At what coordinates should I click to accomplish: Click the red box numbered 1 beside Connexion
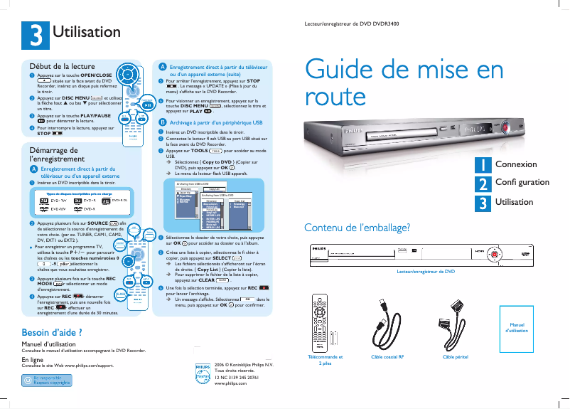pos(483,164)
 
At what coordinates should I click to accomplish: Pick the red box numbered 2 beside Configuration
pos(483,183)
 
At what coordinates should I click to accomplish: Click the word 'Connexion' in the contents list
pos(516,164)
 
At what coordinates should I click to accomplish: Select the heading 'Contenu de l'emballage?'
pos(357,228)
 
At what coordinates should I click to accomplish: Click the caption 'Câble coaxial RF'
pos(387,356)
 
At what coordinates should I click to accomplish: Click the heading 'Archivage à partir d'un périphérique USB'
pos(216,122)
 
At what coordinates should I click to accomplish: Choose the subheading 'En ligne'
pos(27,360)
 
